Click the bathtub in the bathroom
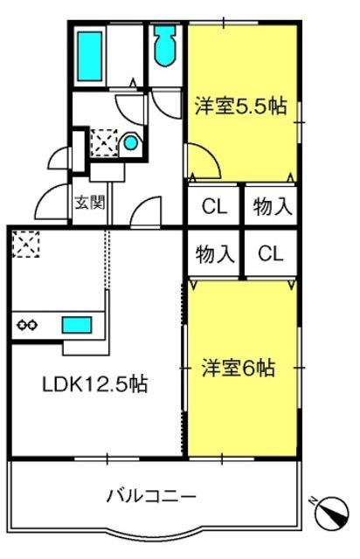coord(90,56)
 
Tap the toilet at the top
coord(165,45)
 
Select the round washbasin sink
coord(130,143)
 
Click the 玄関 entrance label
coord(90,203)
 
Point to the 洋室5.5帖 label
coord(241,107)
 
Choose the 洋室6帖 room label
coord(239,368)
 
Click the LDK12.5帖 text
coord(95,384)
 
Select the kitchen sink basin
coord(77,325)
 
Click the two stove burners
coord(27,325)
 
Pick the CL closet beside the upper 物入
coord(214,206)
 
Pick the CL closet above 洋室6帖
coord(271,253)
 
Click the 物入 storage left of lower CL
coord(214,253)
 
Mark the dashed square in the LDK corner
coord(25,244)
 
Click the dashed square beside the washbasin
coord(104,142)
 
